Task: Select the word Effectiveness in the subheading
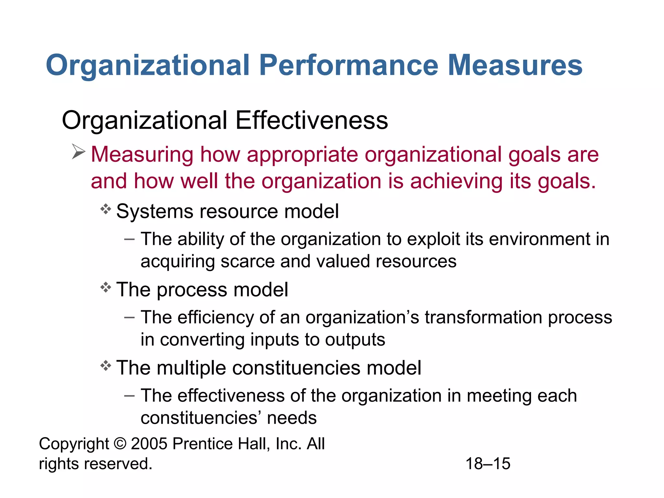312,120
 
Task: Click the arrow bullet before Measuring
78,152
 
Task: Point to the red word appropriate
302,155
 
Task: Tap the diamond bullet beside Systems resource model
106,209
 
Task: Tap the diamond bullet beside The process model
106,288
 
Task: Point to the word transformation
483,317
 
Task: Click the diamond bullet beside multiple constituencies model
106,366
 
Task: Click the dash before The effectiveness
129,396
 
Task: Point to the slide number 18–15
488,464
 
